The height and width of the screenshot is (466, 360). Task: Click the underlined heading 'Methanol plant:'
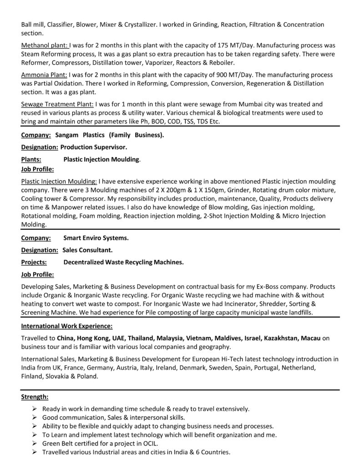(x=45, y=46)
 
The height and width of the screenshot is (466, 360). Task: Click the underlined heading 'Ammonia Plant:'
(x=44, y=75)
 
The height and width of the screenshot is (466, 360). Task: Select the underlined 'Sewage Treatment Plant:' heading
(x=58, y=104)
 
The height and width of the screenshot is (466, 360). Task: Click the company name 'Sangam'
(x=67, y=135)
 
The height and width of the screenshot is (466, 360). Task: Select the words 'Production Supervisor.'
(x=94, y=147)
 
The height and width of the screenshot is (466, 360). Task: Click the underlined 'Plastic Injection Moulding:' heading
(x=59, y=181)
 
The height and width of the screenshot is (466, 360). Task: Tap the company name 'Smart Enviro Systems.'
(x=96, y=238)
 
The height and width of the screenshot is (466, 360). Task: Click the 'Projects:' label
(x=34, y=262)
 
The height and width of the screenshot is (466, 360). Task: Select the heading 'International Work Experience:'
(x=67, y=326)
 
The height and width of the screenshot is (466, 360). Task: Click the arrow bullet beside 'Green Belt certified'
(x=35, y=444)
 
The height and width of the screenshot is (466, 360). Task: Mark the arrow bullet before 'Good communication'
(x=35, y=418)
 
